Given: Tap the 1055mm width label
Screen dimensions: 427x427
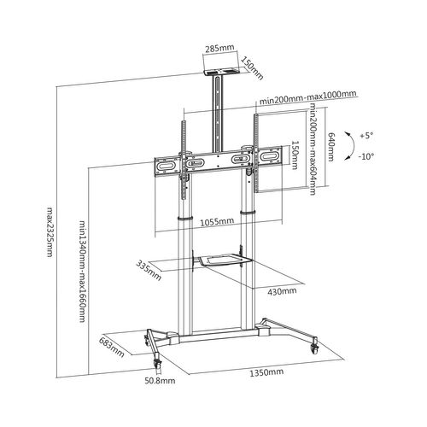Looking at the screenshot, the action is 217,221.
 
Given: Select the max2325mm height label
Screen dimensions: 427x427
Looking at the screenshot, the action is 50,231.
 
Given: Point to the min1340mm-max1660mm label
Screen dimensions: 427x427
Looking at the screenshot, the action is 82,271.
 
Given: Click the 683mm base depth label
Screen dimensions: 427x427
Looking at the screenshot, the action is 112,347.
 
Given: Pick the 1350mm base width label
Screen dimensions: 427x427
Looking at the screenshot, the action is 266,372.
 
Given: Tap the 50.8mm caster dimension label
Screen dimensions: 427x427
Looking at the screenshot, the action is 160,381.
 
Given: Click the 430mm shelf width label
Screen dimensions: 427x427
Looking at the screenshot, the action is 282,291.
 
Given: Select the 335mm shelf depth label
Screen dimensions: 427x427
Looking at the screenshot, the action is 149,270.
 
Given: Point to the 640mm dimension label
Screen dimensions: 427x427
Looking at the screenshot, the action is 330,147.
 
